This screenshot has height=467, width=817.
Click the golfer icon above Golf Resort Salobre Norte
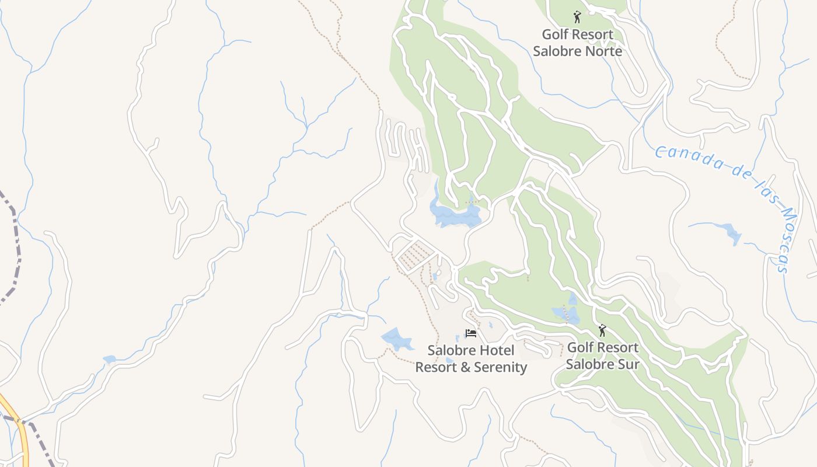pos(577,16)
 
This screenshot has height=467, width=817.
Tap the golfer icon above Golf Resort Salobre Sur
pos(602,330)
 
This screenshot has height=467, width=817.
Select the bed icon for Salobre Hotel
pos(470,333)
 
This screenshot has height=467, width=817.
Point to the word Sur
pos(627,364)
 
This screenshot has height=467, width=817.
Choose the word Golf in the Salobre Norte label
pos(554,34)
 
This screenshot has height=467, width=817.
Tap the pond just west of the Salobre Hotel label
pos(397,338)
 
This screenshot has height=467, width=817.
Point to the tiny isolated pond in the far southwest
pos(109,359)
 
